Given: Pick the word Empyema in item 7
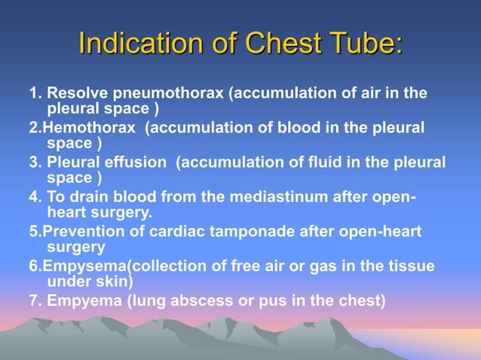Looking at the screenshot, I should tap(83, 301).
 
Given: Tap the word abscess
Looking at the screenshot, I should tap(189, 301).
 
